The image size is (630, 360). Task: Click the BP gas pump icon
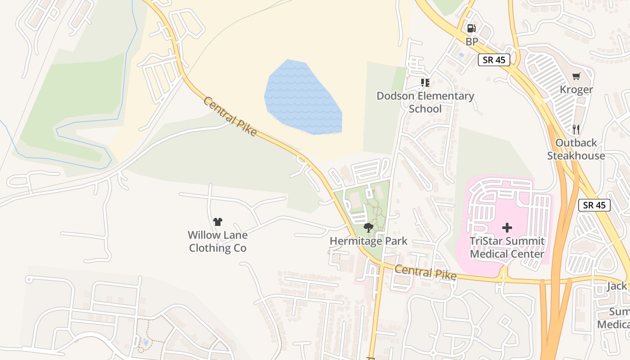[x=471, y=28]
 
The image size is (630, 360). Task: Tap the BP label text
[x=472, y=42]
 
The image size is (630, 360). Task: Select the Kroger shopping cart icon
[x=576, y=76]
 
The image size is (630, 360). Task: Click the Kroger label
[x=576, y=90]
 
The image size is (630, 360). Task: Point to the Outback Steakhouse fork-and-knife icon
[x=576, y=130]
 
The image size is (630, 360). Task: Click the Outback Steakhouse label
[x=576, y=149]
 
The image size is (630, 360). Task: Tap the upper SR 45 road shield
[x=494, y=60]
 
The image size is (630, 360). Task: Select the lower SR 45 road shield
[x=594, y=205]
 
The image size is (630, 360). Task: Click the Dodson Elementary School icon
[x=425, y=82]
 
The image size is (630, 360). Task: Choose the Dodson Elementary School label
[x=425, y=102]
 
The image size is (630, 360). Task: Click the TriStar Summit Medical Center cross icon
[x=507, y=227]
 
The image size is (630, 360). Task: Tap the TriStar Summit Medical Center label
[x=507, y=247]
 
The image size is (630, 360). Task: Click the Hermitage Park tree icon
[x=368, y=228]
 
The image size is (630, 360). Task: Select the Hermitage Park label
[x=368, y=241]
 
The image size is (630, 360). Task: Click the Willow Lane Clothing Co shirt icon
[x=218, y=221]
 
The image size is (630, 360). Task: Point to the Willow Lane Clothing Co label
[x=218, y=241]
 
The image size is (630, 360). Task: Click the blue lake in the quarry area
[x=301, y=99]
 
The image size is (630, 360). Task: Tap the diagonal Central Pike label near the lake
[x=230, y=117]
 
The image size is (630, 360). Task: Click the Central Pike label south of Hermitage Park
[x=426, y=272]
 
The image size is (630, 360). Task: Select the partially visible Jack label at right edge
[x=616, y=286]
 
